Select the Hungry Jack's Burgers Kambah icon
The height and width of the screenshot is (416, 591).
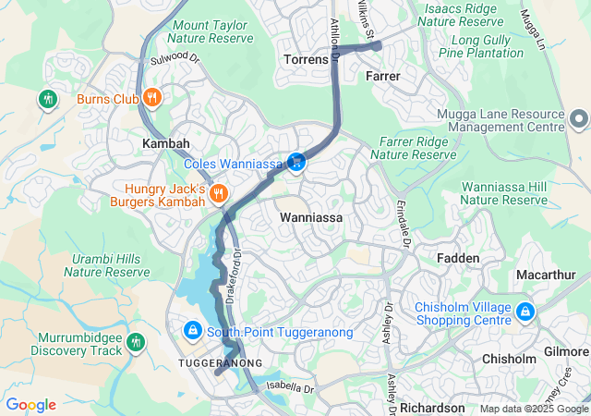(x=219, y=193)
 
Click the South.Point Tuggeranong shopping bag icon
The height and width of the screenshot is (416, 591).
(x=192, y=330)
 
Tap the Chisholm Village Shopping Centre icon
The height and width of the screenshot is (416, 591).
(x=525, y=312)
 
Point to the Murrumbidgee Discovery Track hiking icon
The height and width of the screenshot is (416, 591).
(x=137, y=343)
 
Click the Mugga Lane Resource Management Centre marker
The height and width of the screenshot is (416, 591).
(x=579, y=119)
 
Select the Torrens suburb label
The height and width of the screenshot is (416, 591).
(x=305, y=59)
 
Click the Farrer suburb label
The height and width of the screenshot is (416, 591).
(x=382, y=75)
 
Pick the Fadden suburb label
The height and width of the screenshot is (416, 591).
(x=458, y=258)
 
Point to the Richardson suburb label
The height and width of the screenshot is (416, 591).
(x=432, y=408)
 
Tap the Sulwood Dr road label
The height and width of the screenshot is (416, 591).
(x=175, y=58)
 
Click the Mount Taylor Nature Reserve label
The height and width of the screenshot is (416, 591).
(x=211, y=32)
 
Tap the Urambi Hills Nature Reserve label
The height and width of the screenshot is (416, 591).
(x=106, y=264)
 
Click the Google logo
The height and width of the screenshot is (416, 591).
(x=30, y=405)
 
